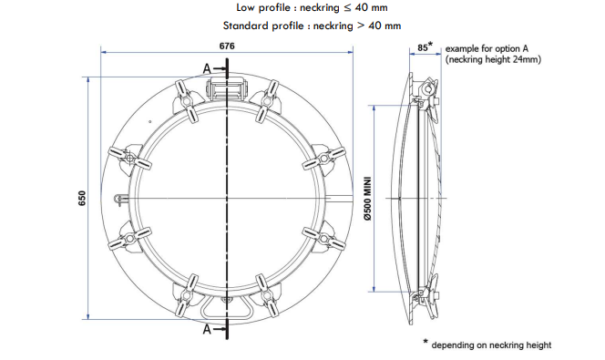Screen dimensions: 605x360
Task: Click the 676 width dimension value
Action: tap(227, 46)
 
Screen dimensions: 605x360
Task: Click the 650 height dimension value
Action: tap(82, 198)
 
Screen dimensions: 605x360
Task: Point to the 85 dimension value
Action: tap(423, 47)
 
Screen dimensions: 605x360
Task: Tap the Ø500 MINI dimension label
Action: tap(367, 199)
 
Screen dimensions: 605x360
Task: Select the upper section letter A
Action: tap(207, 68)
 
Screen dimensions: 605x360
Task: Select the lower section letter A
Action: tap(207, 330)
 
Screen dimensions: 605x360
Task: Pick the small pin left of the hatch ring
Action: tap(120, 199)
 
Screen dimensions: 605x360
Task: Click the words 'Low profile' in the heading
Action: tap(263, 7)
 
